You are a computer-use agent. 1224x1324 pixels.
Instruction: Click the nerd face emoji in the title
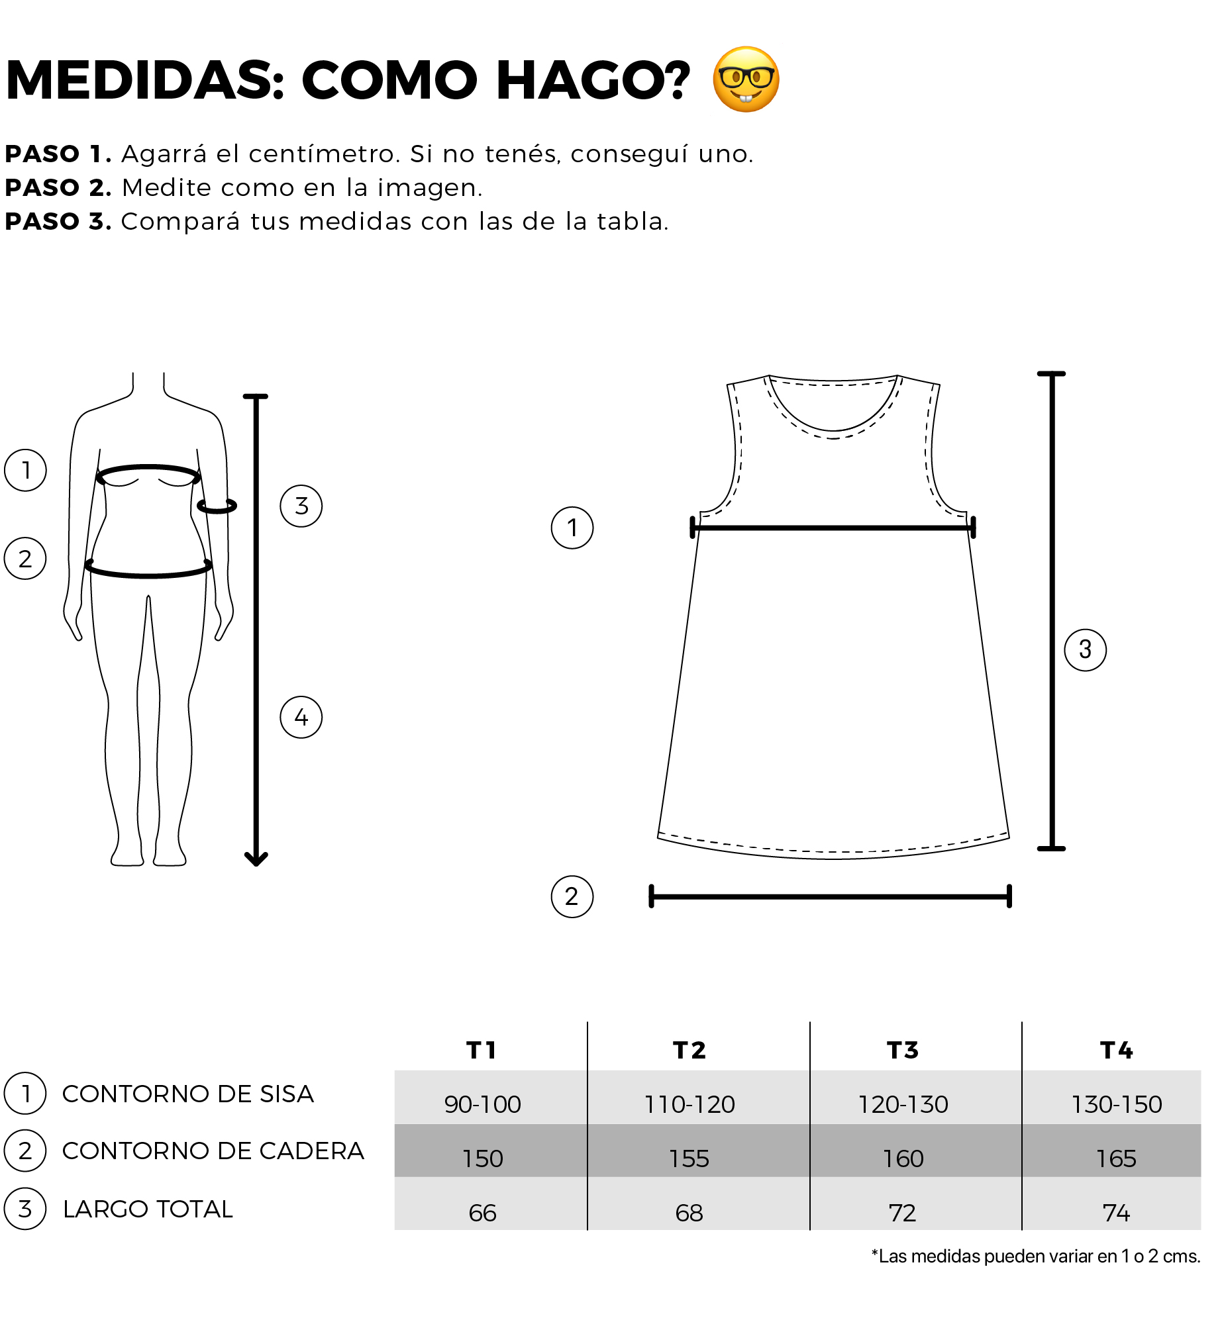(x=746, y=79)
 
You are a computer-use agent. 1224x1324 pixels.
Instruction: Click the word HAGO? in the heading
(x=593, y=80)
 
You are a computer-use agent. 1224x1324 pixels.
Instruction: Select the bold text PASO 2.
(x=58, y=188)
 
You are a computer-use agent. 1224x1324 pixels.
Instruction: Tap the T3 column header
(x=903, y=1051)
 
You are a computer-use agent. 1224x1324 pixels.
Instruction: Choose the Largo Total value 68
(x=689, y=1213)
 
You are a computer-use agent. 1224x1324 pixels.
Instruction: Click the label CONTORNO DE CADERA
(x=213, y=1151)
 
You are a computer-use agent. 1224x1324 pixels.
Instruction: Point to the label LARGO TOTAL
(x=148, y=1209)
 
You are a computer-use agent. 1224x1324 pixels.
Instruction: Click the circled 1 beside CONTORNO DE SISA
(x=25, y=1094)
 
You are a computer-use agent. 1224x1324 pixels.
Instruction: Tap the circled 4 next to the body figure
(x=301, y=717)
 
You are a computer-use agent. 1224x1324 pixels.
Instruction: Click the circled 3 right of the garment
(x=1086, y=650)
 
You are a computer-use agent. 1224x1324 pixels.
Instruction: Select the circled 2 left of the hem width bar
(x=572, y=896)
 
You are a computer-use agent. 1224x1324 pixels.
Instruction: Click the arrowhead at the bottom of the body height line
(x=256, y=859)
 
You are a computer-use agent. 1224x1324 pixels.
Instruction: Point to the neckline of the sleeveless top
(x=833, y=430)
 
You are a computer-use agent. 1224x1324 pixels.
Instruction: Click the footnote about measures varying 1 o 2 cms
(x=1036, y=1256)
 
